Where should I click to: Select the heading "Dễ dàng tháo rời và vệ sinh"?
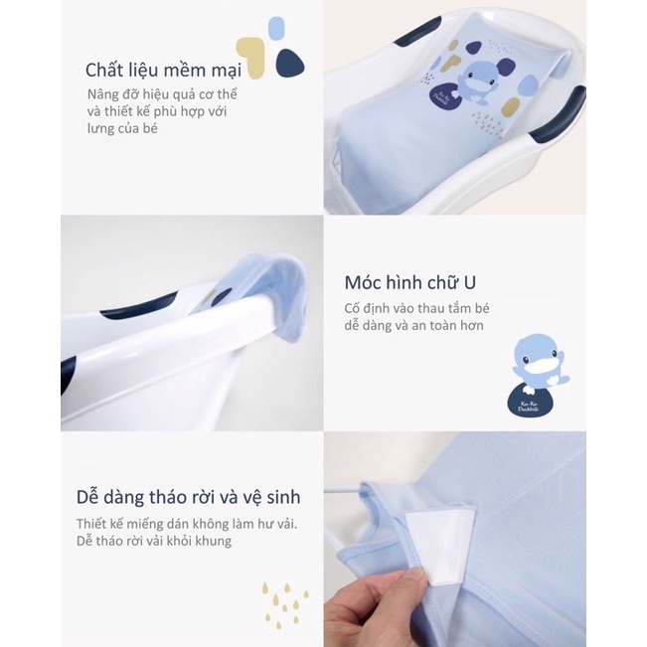click(188, 496)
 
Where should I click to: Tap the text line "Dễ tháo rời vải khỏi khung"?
click(153, 541)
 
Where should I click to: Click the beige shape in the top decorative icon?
click(254, 59)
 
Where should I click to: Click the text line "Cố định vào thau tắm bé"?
click(417, 307)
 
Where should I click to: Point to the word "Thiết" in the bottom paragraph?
click(93, 524)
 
